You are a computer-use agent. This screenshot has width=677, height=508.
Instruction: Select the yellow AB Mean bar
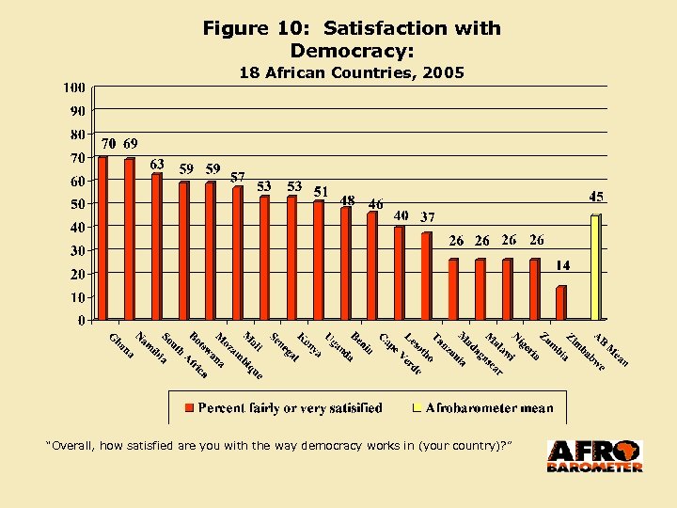(594, 267)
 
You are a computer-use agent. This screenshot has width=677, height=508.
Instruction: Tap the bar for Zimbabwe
(561, 303)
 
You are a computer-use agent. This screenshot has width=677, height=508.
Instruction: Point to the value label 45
(596, 197)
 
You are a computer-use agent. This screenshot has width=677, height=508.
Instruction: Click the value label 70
(109, 144)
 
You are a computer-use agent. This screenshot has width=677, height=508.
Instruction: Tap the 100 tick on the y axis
(74, 87)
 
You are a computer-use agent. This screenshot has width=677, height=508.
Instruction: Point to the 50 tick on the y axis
(77, 203)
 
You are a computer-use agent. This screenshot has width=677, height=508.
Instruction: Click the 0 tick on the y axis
(82, 320)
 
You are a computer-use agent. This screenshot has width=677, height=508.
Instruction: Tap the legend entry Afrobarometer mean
(490, 408)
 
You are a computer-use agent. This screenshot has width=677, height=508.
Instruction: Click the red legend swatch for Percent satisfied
(189, 408)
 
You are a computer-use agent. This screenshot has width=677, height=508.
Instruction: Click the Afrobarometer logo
(595, 456)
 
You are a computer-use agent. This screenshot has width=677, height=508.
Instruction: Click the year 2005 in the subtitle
(442, 73)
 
